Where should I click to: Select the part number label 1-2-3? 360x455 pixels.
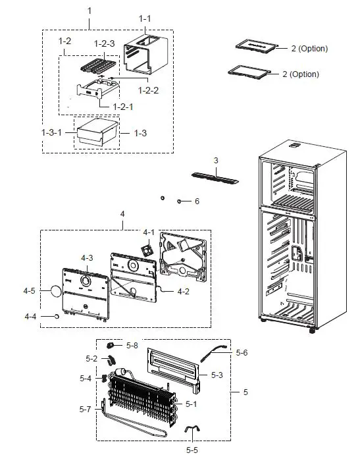click(104, 43)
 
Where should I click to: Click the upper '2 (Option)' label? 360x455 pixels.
click(309, 49)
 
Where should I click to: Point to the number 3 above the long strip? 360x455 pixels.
click(215, 160)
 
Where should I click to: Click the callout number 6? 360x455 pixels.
click(196, 201)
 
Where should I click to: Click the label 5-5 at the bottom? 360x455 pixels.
click(192, 450)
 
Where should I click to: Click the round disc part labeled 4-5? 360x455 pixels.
click(51, 290)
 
